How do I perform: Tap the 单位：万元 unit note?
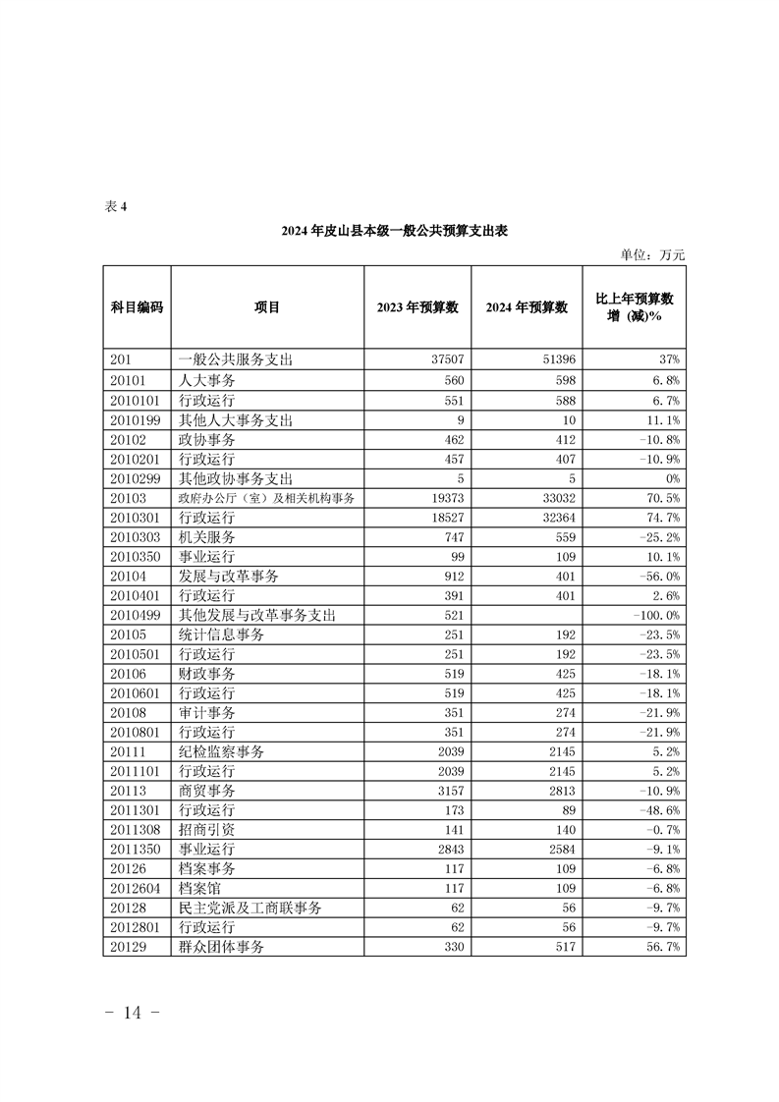[652, 255]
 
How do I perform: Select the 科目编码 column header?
[137, 307]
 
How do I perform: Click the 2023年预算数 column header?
[417, 307]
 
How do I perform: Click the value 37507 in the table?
[446, 360]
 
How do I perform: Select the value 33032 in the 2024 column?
[556, 498]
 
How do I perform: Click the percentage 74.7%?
[664, 518]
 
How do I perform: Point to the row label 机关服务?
[206, 537]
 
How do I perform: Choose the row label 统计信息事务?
[220, 634]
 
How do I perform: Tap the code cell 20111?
[128, 751]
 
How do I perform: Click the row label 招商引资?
[206, 830]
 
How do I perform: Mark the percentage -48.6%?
[662, 810]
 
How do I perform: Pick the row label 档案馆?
[199, 888]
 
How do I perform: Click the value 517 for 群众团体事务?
[563, 947]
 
